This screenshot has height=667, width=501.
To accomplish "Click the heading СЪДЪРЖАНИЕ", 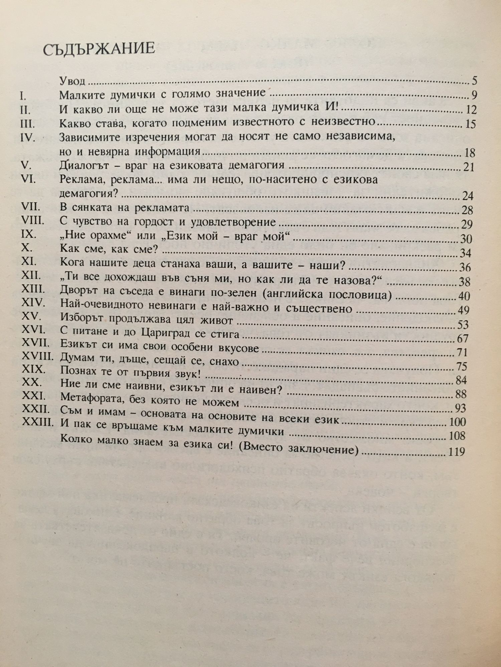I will [99, 49].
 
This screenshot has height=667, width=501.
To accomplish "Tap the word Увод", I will [72, 81].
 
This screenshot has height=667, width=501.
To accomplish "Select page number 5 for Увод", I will [474, 81].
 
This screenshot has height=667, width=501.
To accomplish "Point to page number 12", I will [470, 110].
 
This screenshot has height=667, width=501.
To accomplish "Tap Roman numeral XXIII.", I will [37, 422].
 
